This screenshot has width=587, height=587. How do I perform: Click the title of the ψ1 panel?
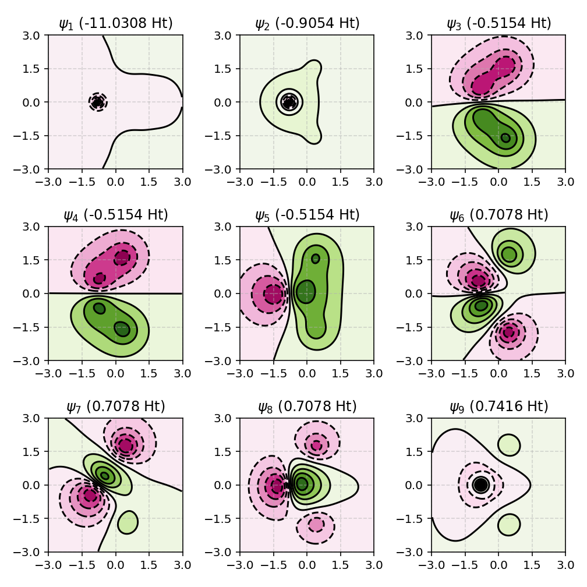point(115,23)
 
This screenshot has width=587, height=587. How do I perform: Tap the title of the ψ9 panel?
point(498,406)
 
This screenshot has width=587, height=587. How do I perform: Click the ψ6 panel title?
point(498,215)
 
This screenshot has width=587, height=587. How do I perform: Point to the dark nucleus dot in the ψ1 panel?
point(98,102)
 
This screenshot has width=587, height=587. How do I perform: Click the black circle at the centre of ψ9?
point(480,485)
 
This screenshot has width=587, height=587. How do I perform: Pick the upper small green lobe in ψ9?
point(509,444)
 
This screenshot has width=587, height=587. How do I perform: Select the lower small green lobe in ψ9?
point(509,524)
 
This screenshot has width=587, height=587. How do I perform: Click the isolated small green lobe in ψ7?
point(127,522)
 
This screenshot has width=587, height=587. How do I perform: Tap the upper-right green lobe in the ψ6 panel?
point(509,254)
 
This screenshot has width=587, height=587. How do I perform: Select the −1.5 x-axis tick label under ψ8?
point(270,564)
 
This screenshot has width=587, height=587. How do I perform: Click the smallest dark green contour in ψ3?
point(505,138)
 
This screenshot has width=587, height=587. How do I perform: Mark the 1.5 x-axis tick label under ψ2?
point(341,181)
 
